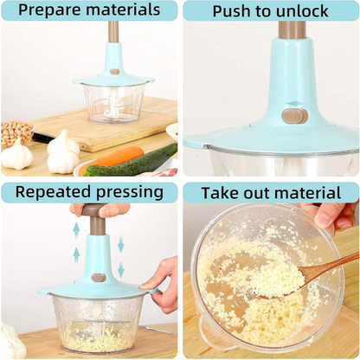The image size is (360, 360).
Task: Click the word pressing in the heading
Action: [x=130, y=192]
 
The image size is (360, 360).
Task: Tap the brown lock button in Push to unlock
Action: [x=294, y=115]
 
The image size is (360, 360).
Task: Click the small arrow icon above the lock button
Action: [x=295, y=103]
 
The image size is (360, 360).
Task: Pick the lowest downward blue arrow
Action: [x=120, y=270]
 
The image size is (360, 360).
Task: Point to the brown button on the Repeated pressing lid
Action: [x=99, y=278]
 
